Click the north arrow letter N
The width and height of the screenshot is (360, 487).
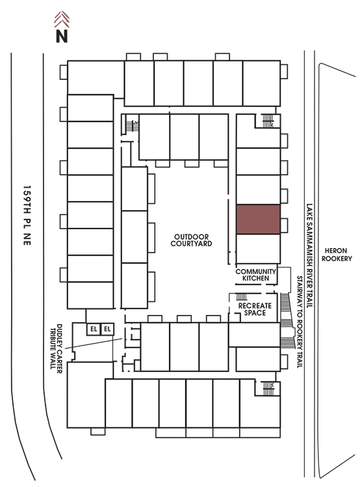62,36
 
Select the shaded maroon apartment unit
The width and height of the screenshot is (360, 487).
258,219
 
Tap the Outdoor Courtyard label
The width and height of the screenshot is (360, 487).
191,240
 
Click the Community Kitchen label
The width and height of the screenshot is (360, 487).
255,275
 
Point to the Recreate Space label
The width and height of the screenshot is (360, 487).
255,309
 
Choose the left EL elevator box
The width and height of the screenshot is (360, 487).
94,329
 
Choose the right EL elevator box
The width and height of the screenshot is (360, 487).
107,329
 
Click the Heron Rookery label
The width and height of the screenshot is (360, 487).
337,255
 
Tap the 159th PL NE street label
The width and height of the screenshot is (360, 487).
27,216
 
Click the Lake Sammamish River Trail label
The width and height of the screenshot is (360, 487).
309,256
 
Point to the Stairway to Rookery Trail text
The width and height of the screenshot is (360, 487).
300,322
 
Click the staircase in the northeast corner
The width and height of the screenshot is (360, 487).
268,121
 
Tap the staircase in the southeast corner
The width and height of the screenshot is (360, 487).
268,388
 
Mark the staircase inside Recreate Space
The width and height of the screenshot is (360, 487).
241,296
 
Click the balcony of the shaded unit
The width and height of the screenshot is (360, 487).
284,225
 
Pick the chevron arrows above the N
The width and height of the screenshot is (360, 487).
62,19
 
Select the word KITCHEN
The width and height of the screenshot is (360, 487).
255,279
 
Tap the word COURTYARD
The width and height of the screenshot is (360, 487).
191,243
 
